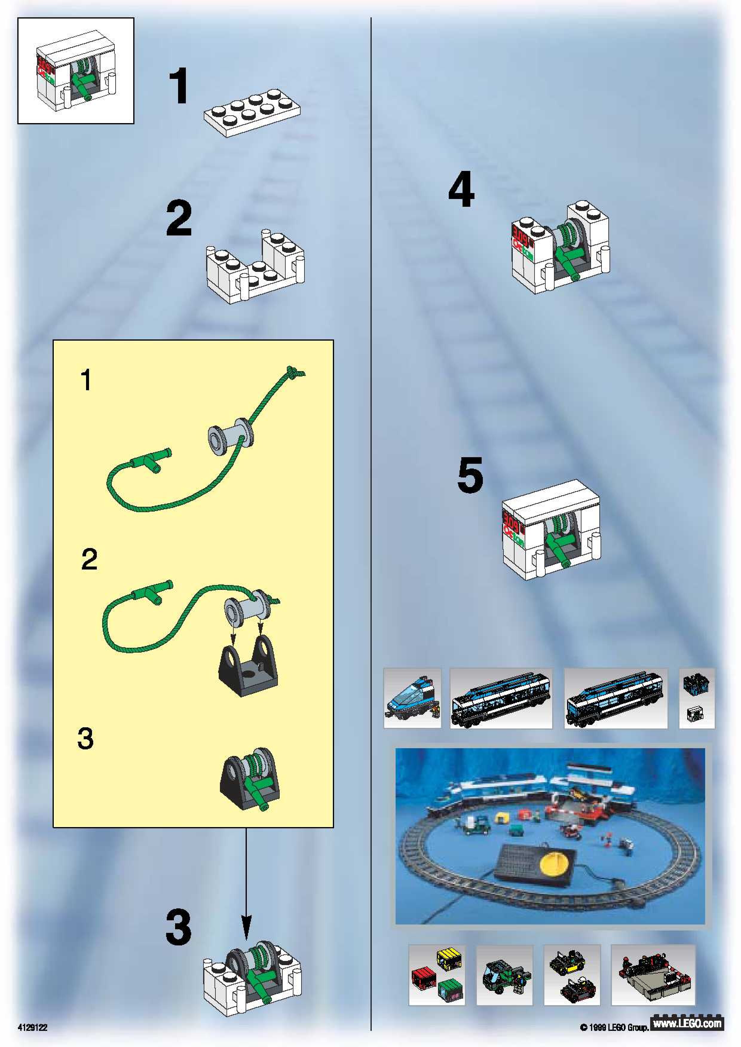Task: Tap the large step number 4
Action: click(461, 189)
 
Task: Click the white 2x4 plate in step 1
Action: click(252, 112)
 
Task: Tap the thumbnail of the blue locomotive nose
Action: click(412, 698)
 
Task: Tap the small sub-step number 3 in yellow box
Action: click(85, 739)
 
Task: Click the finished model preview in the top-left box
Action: click(75, 71)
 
